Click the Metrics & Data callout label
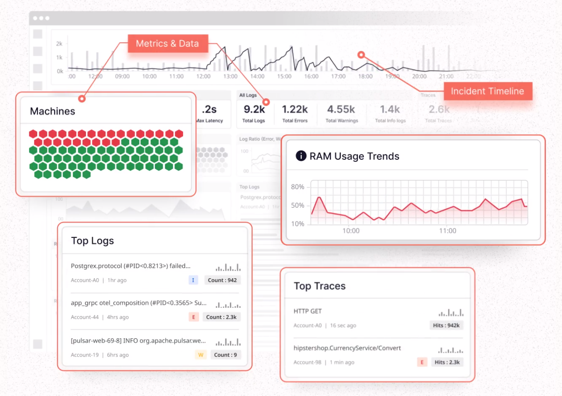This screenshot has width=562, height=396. (167, 44)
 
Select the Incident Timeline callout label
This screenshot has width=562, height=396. (487, 91)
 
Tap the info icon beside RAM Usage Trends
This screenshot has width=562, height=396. (301, 156)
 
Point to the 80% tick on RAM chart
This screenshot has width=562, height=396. (298, 187)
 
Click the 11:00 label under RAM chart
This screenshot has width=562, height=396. (448, 231)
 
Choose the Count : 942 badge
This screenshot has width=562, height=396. (222, 280)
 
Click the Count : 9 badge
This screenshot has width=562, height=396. (225, 355)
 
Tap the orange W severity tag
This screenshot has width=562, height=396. (200, 355)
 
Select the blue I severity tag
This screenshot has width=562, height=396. (193, 280)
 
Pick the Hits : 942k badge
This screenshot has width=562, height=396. (446, 325)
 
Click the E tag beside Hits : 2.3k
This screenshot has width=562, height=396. (422, 362)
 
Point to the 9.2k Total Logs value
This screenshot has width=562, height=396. (254, 109)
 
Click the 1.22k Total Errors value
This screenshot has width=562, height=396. (295, 109)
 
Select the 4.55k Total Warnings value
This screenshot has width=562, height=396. (341, 109)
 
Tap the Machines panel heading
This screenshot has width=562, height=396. (52, 111)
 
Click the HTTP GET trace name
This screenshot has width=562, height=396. (308, 311)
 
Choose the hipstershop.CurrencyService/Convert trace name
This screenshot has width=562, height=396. (347, 348)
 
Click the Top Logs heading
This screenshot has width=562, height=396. (92, 241)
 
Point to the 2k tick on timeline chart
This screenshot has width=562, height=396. (59, 44)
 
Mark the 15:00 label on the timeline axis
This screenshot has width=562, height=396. (284, 76)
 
